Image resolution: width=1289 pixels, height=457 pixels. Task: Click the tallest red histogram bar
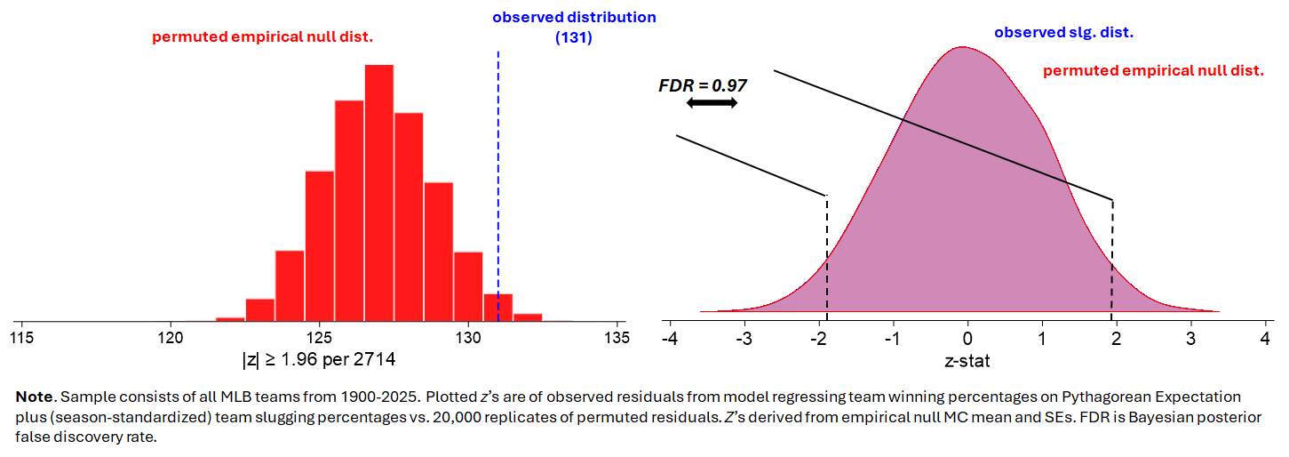pos(378,191)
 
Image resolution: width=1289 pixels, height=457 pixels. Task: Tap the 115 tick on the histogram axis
pos(22,338)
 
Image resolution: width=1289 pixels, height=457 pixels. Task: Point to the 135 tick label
pos(616,338)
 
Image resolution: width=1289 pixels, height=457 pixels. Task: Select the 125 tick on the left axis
pos(319,338)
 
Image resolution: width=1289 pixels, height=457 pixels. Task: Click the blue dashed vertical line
pos(497,178)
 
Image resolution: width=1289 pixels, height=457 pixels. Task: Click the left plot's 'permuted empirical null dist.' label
pos(262,37)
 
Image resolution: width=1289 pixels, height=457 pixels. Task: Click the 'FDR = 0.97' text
pos(702,86)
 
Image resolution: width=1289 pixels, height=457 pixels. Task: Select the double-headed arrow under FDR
pos(712,103)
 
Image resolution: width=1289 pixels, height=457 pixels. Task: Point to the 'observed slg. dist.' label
pos(1063,33)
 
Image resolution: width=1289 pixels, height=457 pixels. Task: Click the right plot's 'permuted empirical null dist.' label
pos(1153,70)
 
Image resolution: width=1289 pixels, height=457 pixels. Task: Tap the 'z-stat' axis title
pos(967,361)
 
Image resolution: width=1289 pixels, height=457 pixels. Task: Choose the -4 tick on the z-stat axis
pos(672,339)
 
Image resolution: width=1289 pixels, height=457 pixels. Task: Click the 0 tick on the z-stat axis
pos(968,339)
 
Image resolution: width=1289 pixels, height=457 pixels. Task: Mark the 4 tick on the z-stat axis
pos(1264,339)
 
